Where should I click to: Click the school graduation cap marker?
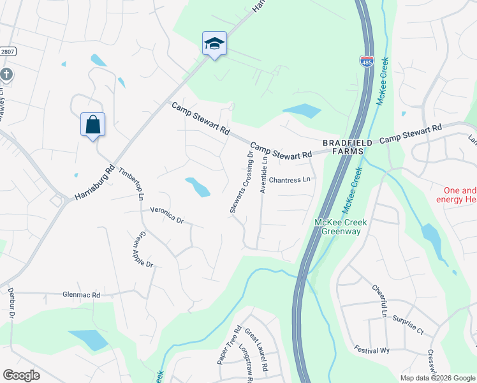[x=214, y=44]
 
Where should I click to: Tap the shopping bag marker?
[x=92, y=124]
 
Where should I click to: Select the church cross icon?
[x=6, y=75]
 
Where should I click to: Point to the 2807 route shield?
[x=6, y=51]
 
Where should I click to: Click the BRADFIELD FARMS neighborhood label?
[x=342, y=147]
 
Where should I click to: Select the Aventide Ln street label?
[x=264, y=174]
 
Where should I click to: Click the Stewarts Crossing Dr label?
[x=242, y=182]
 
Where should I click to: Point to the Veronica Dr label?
[x=166, y=215]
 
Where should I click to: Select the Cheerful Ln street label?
[x=379, y=301]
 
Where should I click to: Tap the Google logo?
[x=21, y=375]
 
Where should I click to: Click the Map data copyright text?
[x=437, y=378]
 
